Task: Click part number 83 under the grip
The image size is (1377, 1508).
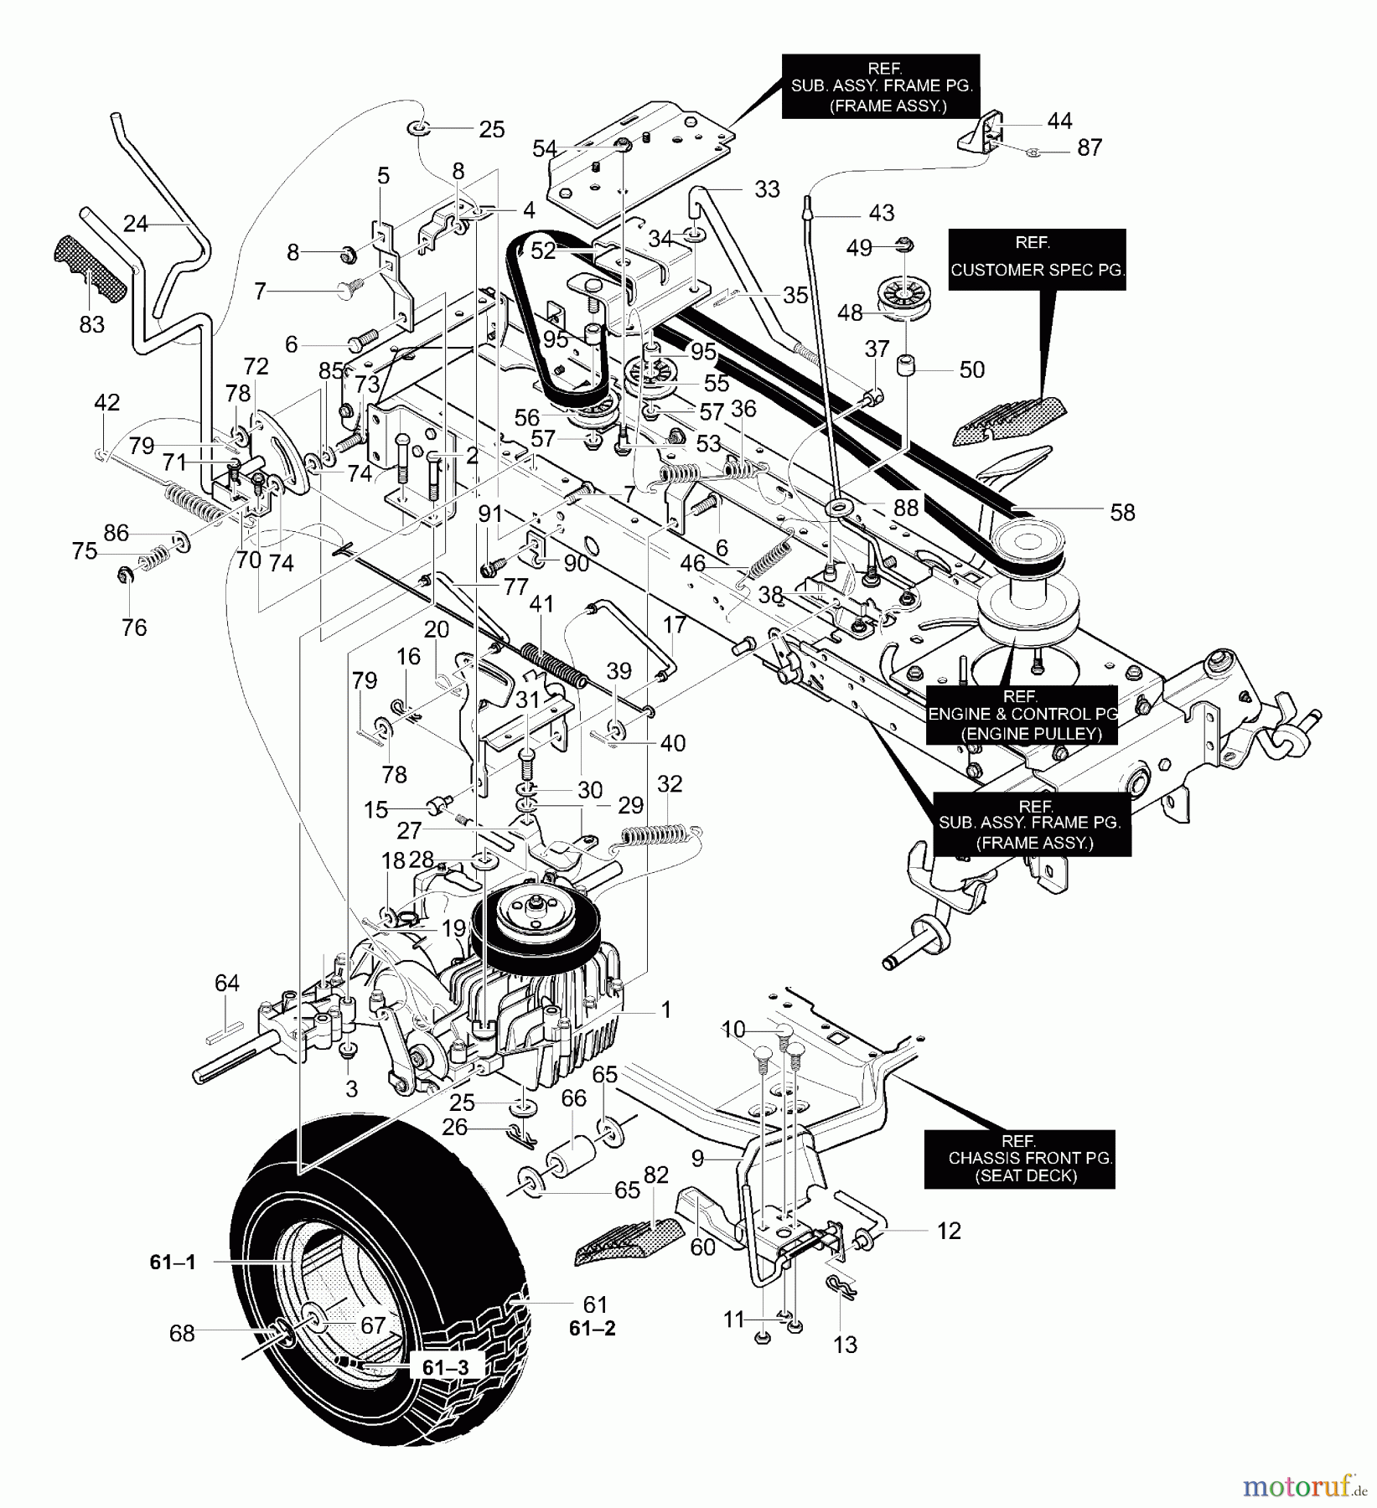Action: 91,324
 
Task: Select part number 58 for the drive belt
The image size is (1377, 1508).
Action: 1122,512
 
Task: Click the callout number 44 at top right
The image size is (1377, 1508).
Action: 1059,121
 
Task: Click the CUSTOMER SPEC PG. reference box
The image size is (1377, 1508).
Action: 1037,260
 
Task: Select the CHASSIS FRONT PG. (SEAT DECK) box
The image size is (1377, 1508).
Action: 1019,1159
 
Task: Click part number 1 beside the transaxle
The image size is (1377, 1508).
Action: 665,1010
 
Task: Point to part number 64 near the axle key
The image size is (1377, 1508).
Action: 227,984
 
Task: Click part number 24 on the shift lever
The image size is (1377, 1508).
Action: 136,224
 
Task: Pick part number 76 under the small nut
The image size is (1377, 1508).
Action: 134,627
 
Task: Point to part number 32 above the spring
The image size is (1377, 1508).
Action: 670,784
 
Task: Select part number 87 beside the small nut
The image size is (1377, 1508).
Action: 1090,148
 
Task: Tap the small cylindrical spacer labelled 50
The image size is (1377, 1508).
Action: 906,367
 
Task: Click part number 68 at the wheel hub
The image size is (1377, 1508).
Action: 182,1333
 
